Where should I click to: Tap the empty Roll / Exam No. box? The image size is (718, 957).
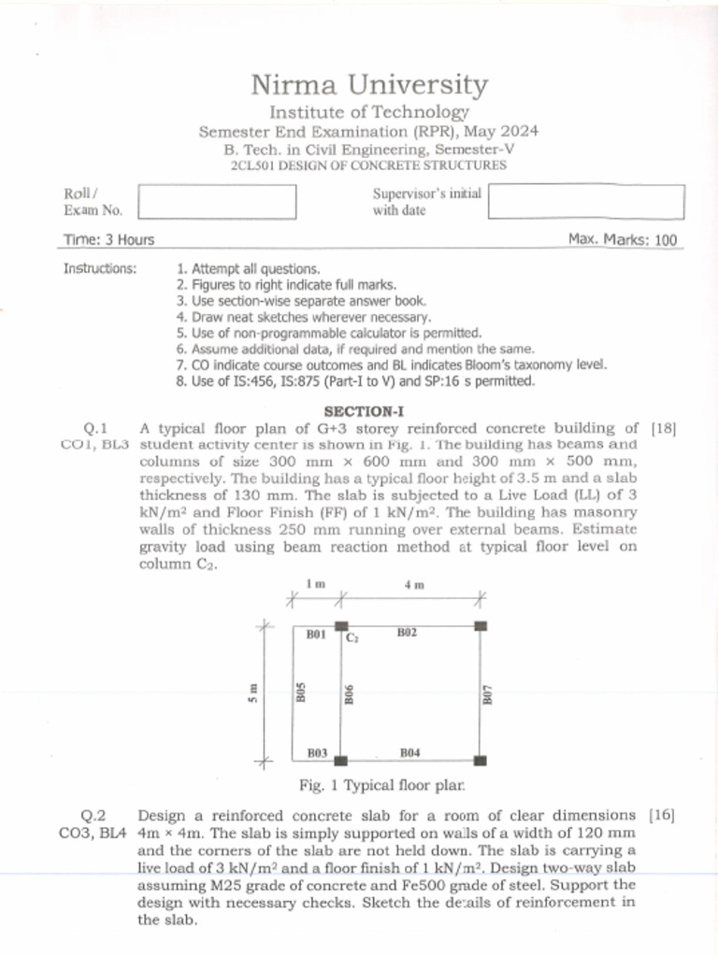click(217, 202)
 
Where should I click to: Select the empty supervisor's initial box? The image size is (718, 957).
click(586, 202)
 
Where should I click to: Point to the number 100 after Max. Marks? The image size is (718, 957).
click(666, 240)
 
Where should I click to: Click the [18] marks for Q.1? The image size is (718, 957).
click(663, 429)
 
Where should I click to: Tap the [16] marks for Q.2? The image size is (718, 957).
click(661, 815)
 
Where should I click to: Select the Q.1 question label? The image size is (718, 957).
click(96, 429)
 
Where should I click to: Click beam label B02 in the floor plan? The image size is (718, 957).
click(407, 633)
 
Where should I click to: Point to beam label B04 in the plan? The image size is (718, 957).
click(409, 751)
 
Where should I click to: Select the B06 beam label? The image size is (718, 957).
click(348, 694)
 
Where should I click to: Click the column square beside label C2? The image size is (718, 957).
click(341, 625)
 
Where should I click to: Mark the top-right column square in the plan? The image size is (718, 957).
click(481, 625)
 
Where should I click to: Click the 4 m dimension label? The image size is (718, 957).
click(414, 585)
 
